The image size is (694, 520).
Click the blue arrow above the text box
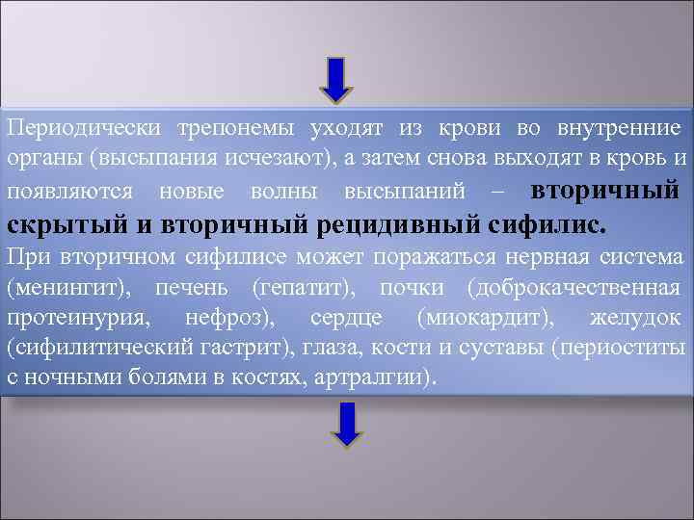(x=336, y=80)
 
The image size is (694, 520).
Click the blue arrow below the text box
(x=347, y=423)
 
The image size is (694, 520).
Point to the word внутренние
(x=621, y=128)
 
